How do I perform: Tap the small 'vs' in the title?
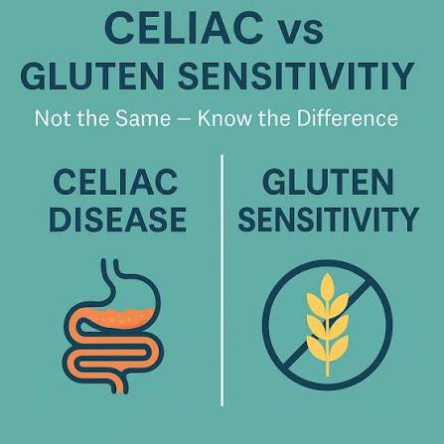pos(301,32)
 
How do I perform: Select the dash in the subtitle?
pos(185,119)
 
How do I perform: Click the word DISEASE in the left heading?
pos(118,220)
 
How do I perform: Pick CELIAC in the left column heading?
pos(115,182)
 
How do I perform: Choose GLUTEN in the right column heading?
pos(328,182)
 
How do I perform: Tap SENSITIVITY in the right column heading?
pos(329,220)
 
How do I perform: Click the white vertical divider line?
pos(222,280)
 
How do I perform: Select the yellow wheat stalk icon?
pos(328,325)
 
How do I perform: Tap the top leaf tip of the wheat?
pos(328,274)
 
